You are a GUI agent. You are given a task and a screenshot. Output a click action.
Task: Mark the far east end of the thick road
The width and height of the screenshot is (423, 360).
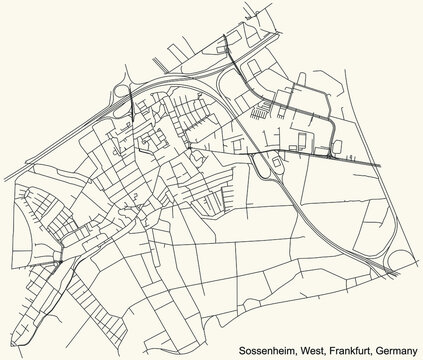[x=380, y=164]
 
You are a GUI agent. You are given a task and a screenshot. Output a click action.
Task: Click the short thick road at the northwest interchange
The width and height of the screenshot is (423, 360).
[x=131, y=100]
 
